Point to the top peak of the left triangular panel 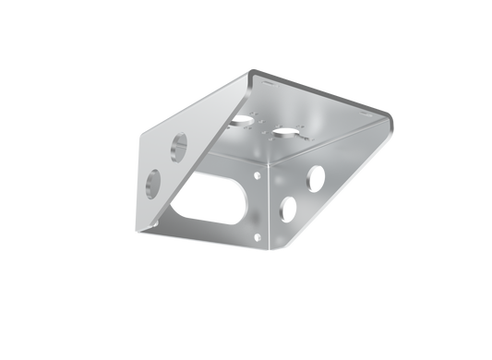click(x=250, y=70)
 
